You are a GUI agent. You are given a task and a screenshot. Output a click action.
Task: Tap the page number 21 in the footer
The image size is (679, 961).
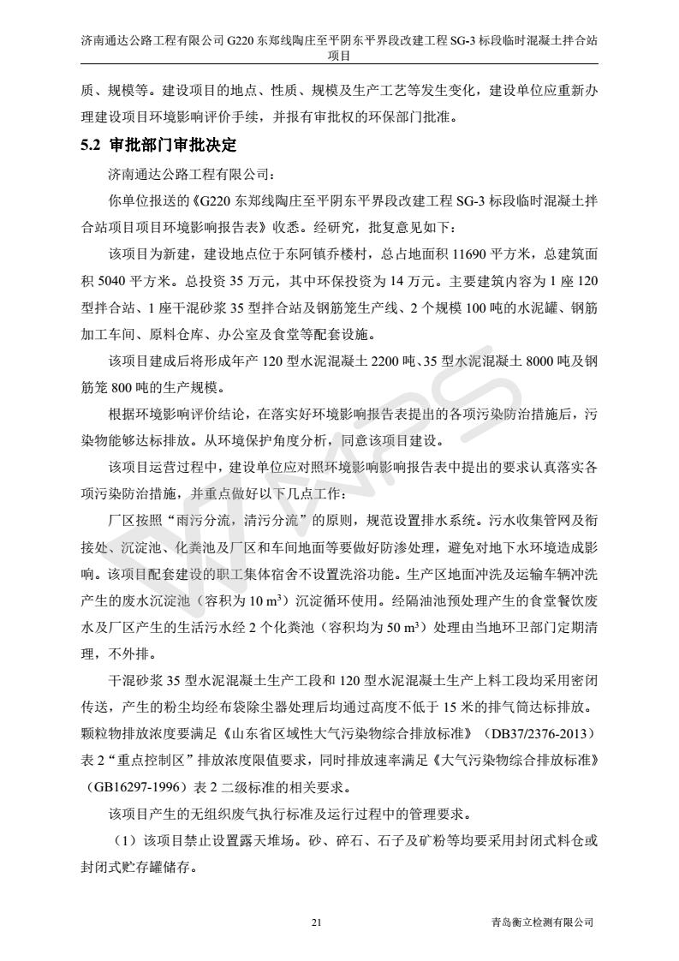(317, 922)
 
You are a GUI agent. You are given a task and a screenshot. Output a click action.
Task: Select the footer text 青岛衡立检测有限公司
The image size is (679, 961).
(537, 922)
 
